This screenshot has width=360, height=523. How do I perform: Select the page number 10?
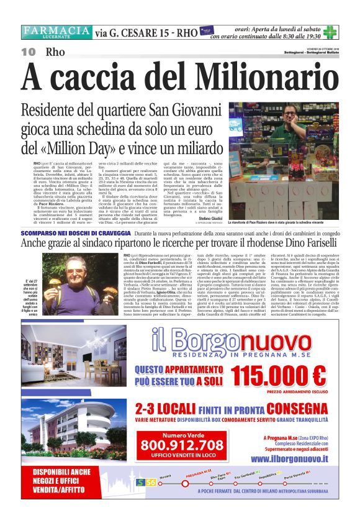[28, 52]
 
